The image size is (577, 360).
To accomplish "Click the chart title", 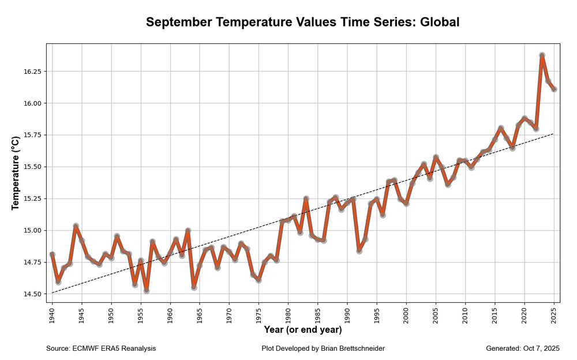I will coord(302,22).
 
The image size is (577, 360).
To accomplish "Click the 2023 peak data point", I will coord(542,55).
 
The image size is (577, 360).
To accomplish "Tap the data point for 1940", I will coord(53,254).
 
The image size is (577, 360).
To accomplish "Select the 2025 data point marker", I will coord(554,89).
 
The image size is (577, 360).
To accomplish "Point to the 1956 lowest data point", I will coord(147,290).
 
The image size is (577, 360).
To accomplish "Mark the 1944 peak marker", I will coord(76,226).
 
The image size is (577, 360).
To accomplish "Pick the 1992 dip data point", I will coord(359,250).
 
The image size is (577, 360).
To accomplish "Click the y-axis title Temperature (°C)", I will coord(16,173).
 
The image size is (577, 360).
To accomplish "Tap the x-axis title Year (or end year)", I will coord(302,330).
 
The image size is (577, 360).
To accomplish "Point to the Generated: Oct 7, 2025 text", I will coord(523,348).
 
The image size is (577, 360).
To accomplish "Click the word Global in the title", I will coord(439,22).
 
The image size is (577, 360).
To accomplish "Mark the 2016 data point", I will coord(501,128).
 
